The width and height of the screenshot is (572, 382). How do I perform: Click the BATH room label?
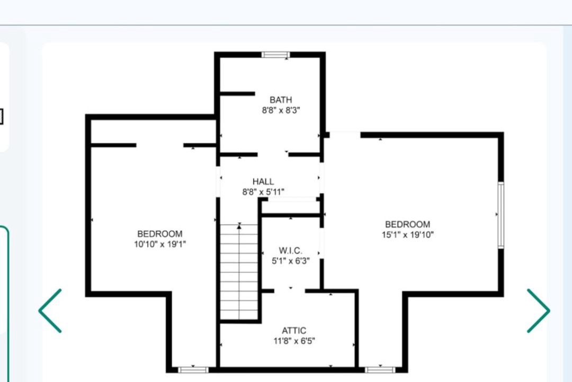281,100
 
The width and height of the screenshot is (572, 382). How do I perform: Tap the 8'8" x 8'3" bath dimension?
281,110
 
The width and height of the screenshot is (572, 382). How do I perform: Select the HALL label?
263,181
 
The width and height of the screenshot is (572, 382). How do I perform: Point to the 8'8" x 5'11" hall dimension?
263,192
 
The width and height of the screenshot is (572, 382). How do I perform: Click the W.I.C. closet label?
290,251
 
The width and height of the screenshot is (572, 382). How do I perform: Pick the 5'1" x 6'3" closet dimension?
290,261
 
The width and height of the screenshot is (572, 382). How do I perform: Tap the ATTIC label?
293,331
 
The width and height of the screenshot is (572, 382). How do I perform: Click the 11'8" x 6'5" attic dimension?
294,341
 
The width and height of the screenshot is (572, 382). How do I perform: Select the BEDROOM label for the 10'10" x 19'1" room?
160,234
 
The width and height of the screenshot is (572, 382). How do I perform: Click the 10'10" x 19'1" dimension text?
160,244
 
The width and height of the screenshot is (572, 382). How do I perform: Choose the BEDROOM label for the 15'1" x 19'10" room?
407,224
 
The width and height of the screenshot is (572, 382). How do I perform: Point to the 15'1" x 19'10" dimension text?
407,235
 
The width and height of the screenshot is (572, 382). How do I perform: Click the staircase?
239,272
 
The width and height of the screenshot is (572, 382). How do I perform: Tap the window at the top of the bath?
275,55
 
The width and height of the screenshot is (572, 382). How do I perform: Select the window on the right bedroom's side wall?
501,215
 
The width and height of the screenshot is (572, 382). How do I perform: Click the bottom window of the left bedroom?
193,370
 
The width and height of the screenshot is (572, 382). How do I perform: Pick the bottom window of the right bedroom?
380,370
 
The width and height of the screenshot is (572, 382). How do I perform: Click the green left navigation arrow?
50,311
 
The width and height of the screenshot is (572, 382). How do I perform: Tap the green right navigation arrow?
538,311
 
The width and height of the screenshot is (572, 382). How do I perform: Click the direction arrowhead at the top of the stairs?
239,227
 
